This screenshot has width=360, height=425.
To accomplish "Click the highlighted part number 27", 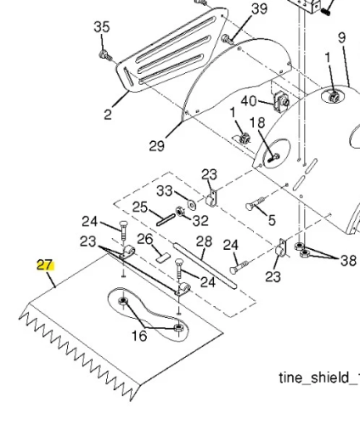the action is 45,265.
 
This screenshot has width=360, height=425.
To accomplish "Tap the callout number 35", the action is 102,27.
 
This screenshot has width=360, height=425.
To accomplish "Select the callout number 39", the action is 259,9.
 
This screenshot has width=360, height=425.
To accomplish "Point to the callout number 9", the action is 342,37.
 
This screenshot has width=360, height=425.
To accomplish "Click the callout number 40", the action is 249,101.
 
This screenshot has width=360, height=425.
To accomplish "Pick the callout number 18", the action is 257,123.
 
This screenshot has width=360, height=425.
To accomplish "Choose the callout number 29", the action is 157,146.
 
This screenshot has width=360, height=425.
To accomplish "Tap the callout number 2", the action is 108,115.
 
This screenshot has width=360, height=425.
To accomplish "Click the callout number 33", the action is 165,191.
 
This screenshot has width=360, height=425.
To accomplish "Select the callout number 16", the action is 139,336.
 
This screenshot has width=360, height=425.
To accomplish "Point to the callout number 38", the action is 348,261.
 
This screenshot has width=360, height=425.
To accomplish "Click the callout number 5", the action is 272,220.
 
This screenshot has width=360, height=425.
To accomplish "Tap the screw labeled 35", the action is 105,55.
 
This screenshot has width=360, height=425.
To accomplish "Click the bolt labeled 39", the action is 228,39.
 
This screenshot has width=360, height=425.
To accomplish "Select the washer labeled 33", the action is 192,205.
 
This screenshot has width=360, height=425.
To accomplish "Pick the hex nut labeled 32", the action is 179,212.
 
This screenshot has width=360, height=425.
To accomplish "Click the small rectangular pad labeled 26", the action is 162,258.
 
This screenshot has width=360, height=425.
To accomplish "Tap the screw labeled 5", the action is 256,204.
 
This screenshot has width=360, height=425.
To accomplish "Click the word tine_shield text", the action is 314,378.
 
